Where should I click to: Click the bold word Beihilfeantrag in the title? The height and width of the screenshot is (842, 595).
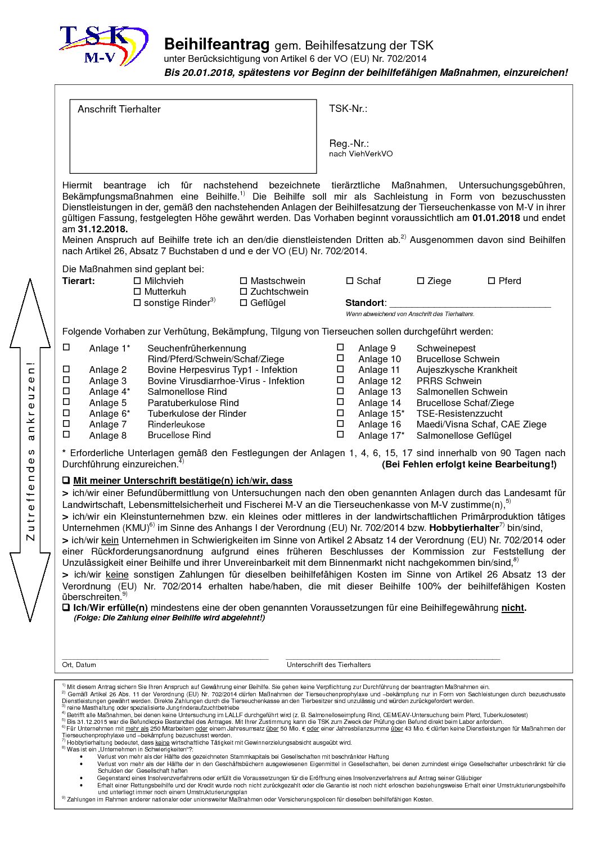coord(217,44)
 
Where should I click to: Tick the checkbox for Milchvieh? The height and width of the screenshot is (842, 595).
coord(137,281)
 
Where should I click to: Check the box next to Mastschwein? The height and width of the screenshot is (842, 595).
coord(244,281)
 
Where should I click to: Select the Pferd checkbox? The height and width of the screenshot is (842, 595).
coord(492,281)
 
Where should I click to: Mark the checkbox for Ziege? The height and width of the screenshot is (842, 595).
coord(421,281)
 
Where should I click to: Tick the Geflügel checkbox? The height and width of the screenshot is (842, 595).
coord(244,303)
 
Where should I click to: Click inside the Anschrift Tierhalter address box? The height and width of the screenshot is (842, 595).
coord(193,141)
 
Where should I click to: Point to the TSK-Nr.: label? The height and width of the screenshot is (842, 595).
coord(348,109)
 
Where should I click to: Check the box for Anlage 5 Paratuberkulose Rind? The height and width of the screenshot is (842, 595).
coord(66,402)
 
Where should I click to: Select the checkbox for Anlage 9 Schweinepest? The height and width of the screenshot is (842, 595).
coord(340,348)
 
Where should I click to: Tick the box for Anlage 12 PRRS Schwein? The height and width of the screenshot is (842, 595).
coord(340,380)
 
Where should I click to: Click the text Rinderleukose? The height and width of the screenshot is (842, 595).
coord(176,424)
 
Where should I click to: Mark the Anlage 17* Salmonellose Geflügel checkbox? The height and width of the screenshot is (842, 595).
coord(340,435)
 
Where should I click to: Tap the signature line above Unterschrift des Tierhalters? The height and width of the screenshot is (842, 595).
coord(393,657)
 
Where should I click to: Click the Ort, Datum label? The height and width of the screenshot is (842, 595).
coord(79,665)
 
